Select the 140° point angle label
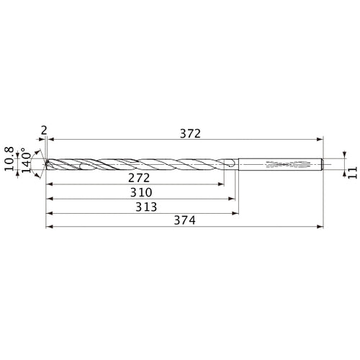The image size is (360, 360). tap(27, 158)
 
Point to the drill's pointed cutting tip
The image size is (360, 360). tap(46, 164)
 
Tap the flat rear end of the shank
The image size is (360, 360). tap(323, 164)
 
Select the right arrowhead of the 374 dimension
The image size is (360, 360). tap(320, 227)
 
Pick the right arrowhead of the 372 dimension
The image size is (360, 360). tap(320, 138)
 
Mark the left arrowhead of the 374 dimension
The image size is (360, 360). tap(48, 227)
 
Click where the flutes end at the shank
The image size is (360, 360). tap(233, 164)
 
